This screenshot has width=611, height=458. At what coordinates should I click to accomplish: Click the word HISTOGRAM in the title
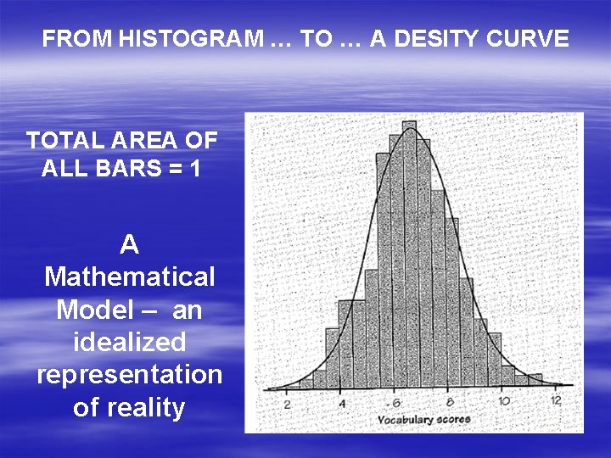[x=189, y=39]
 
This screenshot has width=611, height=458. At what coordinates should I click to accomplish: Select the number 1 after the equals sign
[x=196, y=168]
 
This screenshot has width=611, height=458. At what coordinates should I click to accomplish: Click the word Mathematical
[x=129, y=276]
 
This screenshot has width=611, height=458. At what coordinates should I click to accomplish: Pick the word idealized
[x=129, y=342]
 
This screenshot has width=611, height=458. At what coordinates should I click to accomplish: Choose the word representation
[x=129, y=375]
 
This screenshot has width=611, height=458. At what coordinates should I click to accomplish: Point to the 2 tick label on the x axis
[x=287, y=403]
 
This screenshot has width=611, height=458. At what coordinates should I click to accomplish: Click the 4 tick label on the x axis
[x=341, y=404]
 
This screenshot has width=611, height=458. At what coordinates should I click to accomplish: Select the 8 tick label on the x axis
[x=450, y=403]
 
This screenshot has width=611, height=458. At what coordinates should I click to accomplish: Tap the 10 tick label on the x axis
[x=503, y=402]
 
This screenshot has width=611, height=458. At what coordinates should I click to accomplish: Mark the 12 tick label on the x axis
[x=556, y=400]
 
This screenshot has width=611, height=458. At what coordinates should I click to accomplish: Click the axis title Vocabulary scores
[x=423, y=419]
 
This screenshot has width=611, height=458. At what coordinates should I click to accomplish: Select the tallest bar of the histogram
[x=410, y=254]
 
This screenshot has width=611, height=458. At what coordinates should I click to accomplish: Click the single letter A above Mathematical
[x=129, y=244]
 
